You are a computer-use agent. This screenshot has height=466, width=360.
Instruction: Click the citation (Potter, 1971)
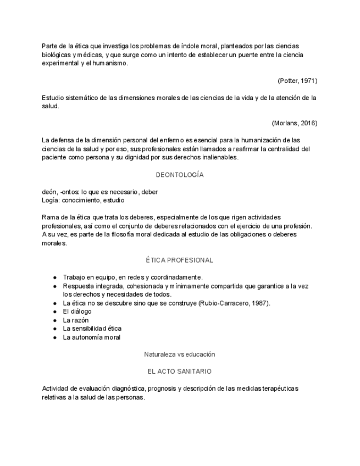pyautogui.click(x=297, y=81)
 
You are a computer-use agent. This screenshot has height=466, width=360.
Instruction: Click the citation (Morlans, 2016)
pyautogui.click(x=294, y=123)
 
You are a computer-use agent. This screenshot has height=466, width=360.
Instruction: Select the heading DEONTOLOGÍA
pyautogui.click(x=180, y=175)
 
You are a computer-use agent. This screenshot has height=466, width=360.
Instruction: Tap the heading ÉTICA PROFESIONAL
pyautogui.click(x=180, y=260)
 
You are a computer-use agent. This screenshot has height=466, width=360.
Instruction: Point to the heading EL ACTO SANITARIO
pyautogui.click(x=180, y=371)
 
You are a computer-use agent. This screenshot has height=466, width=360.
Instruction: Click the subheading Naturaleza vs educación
pyautogui.click(x=180, y=354)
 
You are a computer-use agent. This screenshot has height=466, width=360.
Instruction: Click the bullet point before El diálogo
pyautogui.click(x=55, y=312)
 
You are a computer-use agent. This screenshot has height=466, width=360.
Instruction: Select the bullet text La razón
pyautogui.click(x=76, y=320)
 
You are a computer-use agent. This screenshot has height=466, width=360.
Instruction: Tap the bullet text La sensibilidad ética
pyautogui.click(x=92, y=329)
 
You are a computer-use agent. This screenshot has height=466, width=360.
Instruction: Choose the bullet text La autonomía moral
pyautogui.click(x=92, y=337)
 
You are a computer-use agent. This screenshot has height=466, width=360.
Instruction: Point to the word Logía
pyautogui.click(x=51, y=201)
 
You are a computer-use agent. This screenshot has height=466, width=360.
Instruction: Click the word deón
pyautogui.click(x=49, y=192)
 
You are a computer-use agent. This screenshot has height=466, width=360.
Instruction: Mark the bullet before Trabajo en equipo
pyautogui.click(x=55, y=277)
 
